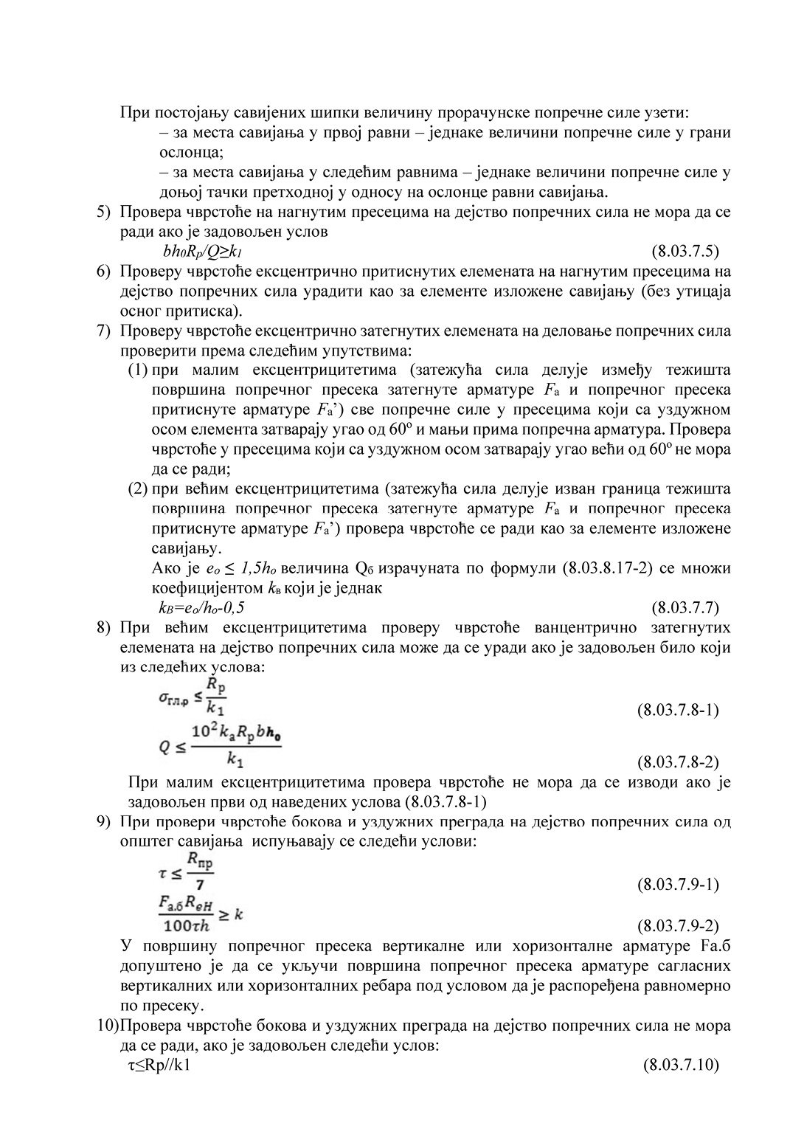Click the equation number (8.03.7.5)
(x=685, y=251)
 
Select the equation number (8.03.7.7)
(x=685, y=608)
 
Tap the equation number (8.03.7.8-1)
(x=677, y=710)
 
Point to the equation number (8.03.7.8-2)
(x=677, y=762)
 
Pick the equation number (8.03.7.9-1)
(x=677, y=884)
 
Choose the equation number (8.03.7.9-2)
(x=677, y=925)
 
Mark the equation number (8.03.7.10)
(x=681, y=1065)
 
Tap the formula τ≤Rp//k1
(x=159, y=1065)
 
